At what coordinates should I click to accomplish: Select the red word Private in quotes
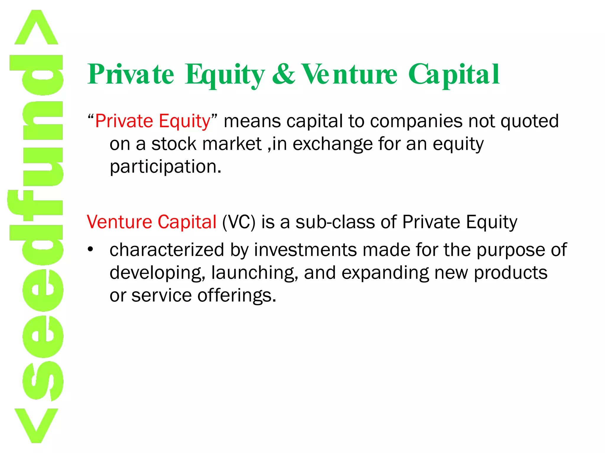tap(124, 121)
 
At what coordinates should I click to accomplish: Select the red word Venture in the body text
tap(119, 222)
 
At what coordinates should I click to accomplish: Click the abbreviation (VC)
tap(239, 222)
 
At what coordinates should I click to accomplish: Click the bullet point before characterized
tap(90, 250)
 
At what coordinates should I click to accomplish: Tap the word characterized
tap(167, 250)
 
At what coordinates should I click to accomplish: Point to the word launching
tap(254, 273)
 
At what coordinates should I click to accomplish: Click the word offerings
tap(237, 296)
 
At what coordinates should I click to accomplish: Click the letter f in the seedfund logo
tap(35, 206)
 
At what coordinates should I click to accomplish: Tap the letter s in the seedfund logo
tap(43, 380)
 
